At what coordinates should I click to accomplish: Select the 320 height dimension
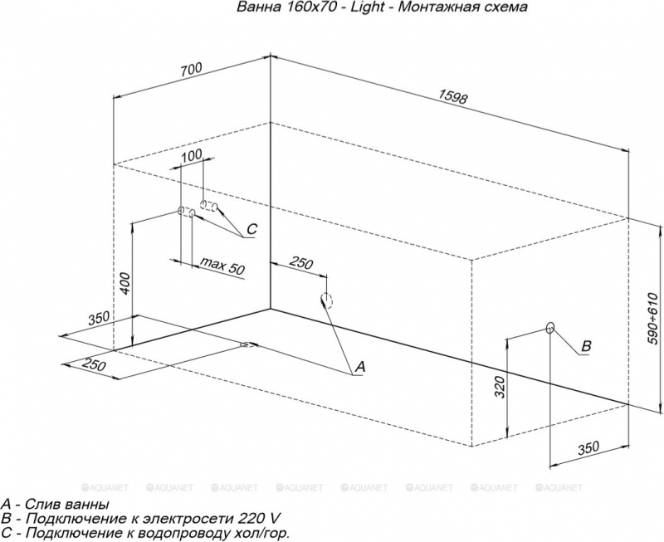coord(500,387)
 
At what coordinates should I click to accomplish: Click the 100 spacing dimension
coord(192,156)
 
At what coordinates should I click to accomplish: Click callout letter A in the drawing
coord(359,367)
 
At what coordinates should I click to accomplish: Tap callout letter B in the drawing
coord(586,346)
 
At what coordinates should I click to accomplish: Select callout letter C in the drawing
coord(251,229)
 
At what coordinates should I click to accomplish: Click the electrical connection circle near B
coord(550,327)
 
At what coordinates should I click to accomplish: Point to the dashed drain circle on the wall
coord(326,300)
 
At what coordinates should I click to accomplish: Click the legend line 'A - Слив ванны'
coord(56,505)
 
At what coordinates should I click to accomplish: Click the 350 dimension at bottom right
coord(588,447)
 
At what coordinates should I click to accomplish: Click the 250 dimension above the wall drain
coord(301,263)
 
